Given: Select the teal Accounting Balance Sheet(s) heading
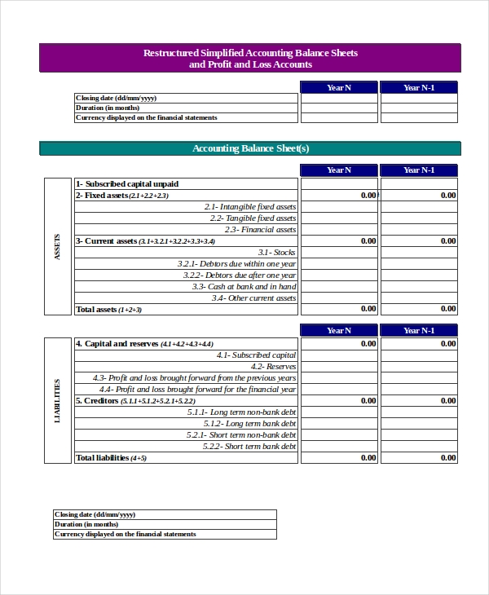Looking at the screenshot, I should click(x=250, y=148).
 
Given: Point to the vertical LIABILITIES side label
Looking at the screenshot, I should click(x=57, y=400).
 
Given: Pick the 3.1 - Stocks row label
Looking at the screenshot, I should click(x=276, y=253).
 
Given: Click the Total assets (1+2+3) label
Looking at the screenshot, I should click(x=108, y=310).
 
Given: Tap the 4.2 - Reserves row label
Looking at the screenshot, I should click(x=274, y=367).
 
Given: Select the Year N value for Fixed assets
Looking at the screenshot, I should click(x=368, y=196).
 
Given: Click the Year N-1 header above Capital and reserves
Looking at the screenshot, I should click(x=419, y=330).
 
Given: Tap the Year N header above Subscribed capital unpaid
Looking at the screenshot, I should click(x=339, y=170).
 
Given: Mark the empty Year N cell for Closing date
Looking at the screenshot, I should click(x=339, y=98).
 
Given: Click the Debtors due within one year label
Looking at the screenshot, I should click(x=236, y=264).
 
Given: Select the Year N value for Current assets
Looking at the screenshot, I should click(x=368, y=241).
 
